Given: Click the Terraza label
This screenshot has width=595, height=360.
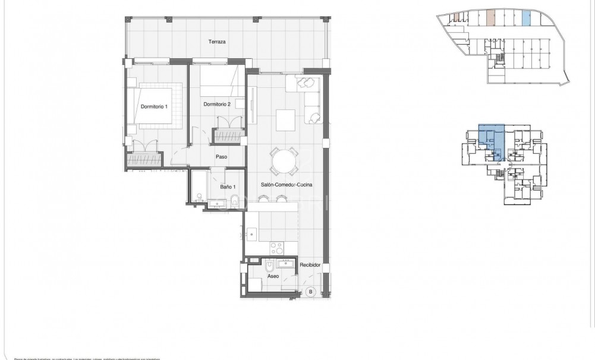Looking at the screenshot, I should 216,42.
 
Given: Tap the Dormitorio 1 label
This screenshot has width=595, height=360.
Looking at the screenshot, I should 154,107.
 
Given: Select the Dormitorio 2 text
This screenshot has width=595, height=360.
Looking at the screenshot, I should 217,104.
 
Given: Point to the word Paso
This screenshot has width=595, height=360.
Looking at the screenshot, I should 222,157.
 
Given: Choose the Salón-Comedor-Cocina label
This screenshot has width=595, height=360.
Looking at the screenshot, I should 287,185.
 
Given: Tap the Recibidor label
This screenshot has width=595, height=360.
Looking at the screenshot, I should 310,265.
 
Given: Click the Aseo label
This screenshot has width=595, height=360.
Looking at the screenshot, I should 273,276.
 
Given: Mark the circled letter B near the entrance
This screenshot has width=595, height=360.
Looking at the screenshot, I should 310,291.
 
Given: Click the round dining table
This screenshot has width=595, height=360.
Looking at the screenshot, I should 284,160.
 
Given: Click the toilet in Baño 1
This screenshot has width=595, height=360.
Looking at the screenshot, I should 234,199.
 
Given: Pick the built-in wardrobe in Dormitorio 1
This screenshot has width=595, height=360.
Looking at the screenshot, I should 144,159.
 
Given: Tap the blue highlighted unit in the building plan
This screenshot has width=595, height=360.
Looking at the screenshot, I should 492,141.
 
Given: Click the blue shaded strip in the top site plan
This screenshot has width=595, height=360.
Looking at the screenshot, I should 525,17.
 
